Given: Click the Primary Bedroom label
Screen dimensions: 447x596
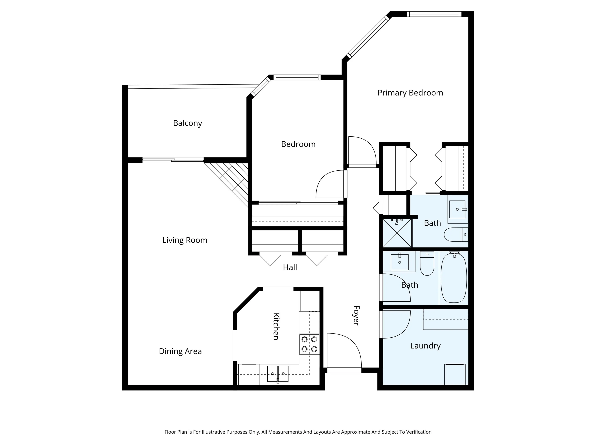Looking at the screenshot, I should (x=410, y=93).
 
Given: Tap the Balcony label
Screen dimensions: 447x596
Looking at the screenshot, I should (x=187, y=123).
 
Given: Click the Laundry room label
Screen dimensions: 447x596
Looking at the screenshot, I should (x=425, y=346).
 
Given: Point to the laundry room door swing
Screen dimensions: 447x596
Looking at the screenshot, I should (x=395, y=324).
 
